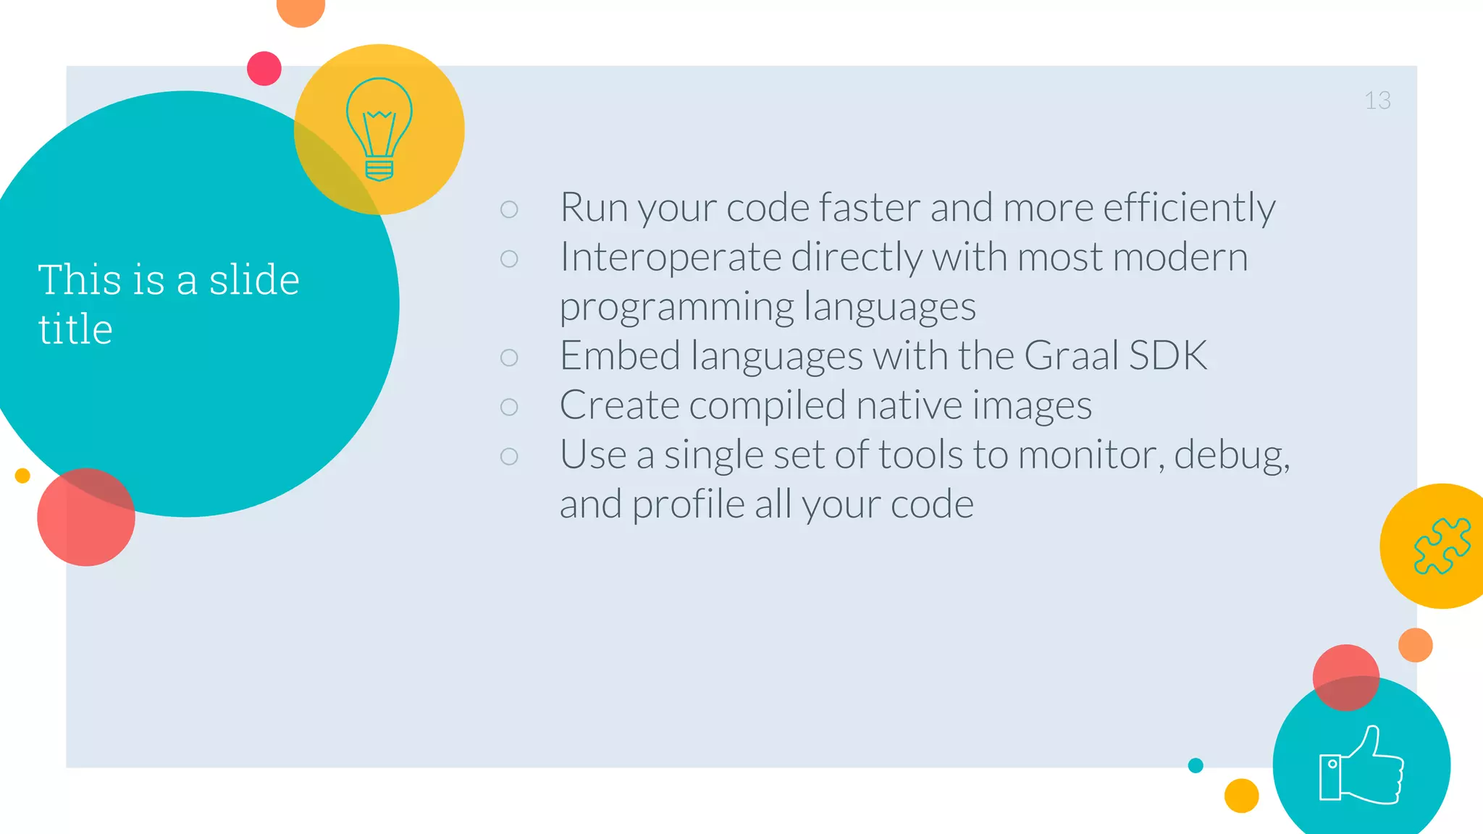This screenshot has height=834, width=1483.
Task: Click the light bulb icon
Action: coord(379,129)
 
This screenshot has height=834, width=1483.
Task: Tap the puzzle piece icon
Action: coord(1442,546)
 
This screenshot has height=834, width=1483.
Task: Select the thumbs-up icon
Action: coord(1361,766)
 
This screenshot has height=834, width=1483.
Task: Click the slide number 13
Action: coord(1377,101)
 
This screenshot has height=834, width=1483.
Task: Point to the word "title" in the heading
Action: coord(75,329)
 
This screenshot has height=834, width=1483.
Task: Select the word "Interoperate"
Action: coord(671,258)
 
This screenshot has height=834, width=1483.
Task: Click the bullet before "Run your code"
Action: coord(509,209)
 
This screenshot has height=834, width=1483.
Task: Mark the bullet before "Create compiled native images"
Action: coord(509,407)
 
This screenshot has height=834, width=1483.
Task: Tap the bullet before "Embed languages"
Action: coord(509,358)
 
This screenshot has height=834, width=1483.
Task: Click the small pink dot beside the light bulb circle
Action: coord(264,69)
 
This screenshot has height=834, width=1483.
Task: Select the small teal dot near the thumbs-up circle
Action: coord(1196,765)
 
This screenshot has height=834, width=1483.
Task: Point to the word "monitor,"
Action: coord(1091,456)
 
